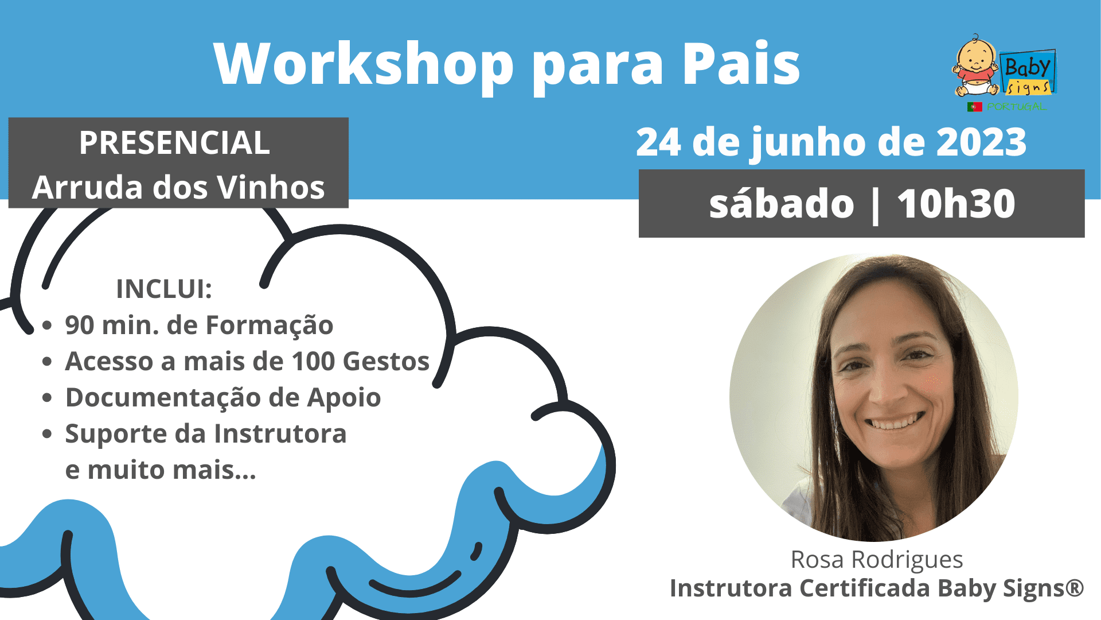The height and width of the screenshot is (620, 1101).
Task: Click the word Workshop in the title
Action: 364,64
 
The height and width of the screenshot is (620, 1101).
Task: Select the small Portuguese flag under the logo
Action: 974,107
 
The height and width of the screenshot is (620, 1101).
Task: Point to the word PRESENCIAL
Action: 174,142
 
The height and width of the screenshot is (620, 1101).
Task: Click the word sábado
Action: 782,204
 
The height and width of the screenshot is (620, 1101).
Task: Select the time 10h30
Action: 956,204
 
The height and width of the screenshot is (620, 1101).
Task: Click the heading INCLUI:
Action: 164,289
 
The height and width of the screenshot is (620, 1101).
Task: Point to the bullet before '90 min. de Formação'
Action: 48,325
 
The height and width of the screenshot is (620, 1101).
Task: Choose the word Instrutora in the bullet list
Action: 280,434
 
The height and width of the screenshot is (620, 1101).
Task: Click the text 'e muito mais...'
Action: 161,470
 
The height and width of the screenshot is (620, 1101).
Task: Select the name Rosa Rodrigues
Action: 877,559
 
